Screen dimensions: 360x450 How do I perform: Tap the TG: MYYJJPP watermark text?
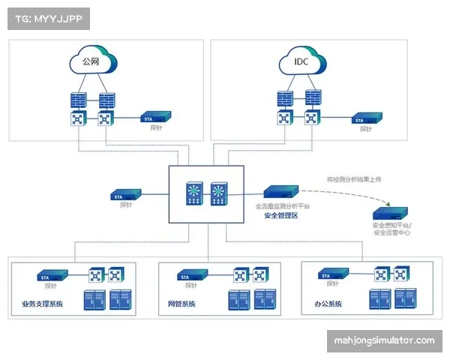[48, 18]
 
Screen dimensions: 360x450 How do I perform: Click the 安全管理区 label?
[281, 215]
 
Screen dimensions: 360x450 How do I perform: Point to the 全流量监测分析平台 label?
[282, 205]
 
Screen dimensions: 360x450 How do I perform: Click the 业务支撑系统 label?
[37, 304]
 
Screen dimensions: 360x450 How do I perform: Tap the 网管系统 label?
[181, 304]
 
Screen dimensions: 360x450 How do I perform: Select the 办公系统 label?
[328, 304]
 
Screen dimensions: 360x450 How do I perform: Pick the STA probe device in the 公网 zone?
[157, 118]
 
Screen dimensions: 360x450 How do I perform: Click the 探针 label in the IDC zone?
[365, 129]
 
